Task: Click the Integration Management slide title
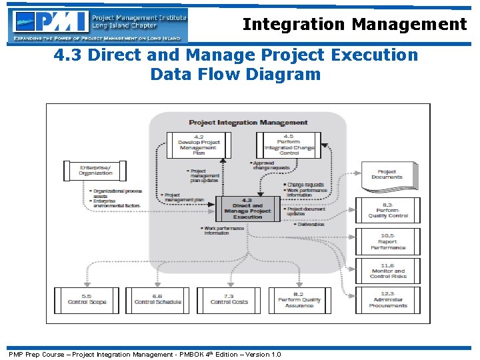click(x=355, y=25)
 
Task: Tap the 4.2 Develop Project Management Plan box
click(x=199, y=145)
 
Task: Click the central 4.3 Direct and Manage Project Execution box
click(x=247, y=209)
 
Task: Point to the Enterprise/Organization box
click(x=96, y=170)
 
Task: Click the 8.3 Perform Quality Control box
click(x=388, y=211)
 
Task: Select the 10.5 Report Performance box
click(x=388, y=241)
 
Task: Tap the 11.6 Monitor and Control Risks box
click(x=388, y=271)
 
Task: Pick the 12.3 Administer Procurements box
click(x=388, y=301)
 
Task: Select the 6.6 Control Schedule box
click(x=157, y=300)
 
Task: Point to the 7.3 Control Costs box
click(x=229, y=300)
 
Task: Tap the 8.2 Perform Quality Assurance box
click(x=299, y=301)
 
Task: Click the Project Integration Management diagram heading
click(x=248, y=123)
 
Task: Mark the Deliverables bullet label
click(x=309, y=225)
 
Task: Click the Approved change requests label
click(x=271, y=165)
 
